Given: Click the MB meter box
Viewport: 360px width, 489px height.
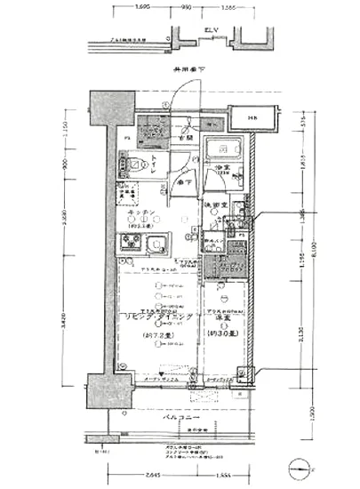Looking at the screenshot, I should pyautogui.click(x=254, y=117).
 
